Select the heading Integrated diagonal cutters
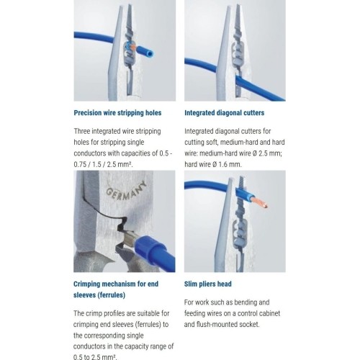(x=224, y=112)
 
